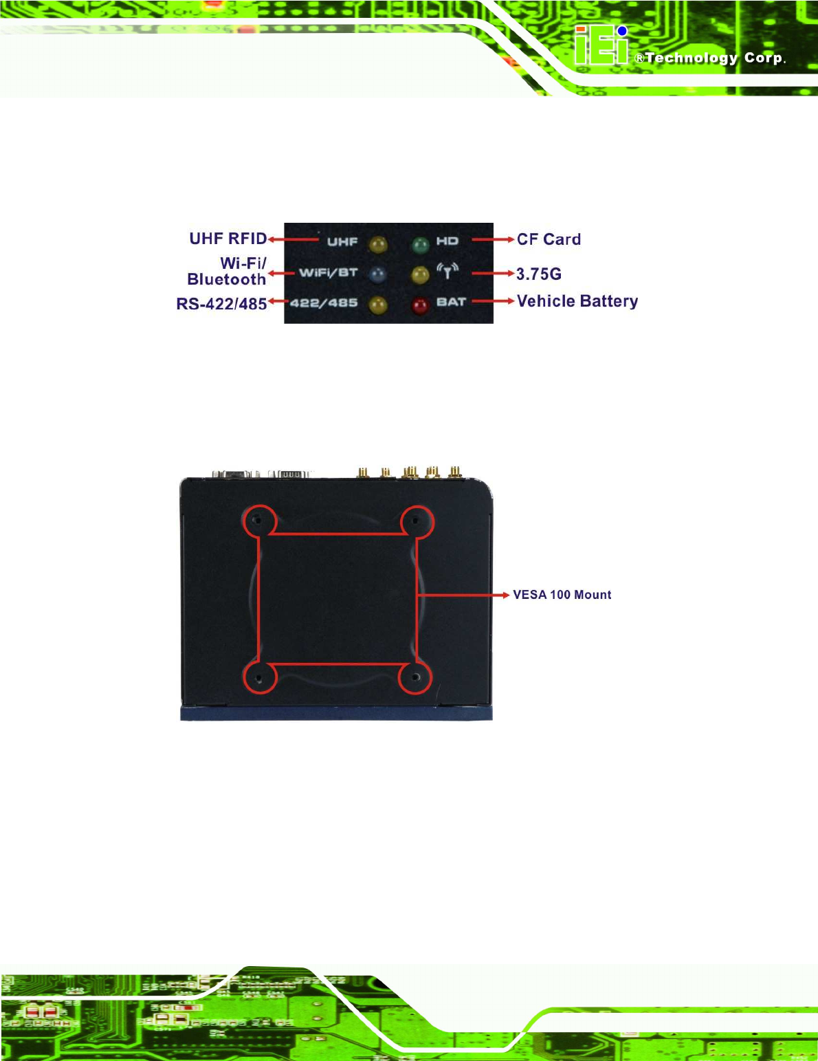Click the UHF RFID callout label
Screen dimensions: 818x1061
click(228, 239)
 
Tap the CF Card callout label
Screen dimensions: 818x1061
click(549, 239)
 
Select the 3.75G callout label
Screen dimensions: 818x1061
click(539, 274)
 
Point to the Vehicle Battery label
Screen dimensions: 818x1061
click(577, 301)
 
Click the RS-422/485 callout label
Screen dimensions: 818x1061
click(221, 304)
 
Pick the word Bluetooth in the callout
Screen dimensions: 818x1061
click(226, 280)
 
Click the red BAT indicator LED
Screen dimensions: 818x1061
click(420, 305)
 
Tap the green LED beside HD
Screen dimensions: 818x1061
click(420, 243)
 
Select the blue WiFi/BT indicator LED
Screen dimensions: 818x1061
click(377, 274)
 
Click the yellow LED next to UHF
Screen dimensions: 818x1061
click(377, 244)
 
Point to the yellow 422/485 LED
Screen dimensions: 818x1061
click(377, 305)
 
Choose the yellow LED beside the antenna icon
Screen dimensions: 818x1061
click(420, 274)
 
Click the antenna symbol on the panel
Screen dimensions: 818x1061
click(447, 271)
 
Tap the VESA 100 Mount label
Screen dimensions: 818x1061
click(562, 595)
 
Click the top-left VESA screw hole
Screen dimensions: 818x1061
click(257, 521)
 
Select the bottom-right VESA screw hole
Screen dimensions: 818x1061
click(415, 677)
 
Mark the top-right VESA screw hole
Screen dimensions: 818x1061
click(415, 521)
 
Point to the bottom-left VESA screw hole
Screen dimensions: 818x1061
click(258, 678)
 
